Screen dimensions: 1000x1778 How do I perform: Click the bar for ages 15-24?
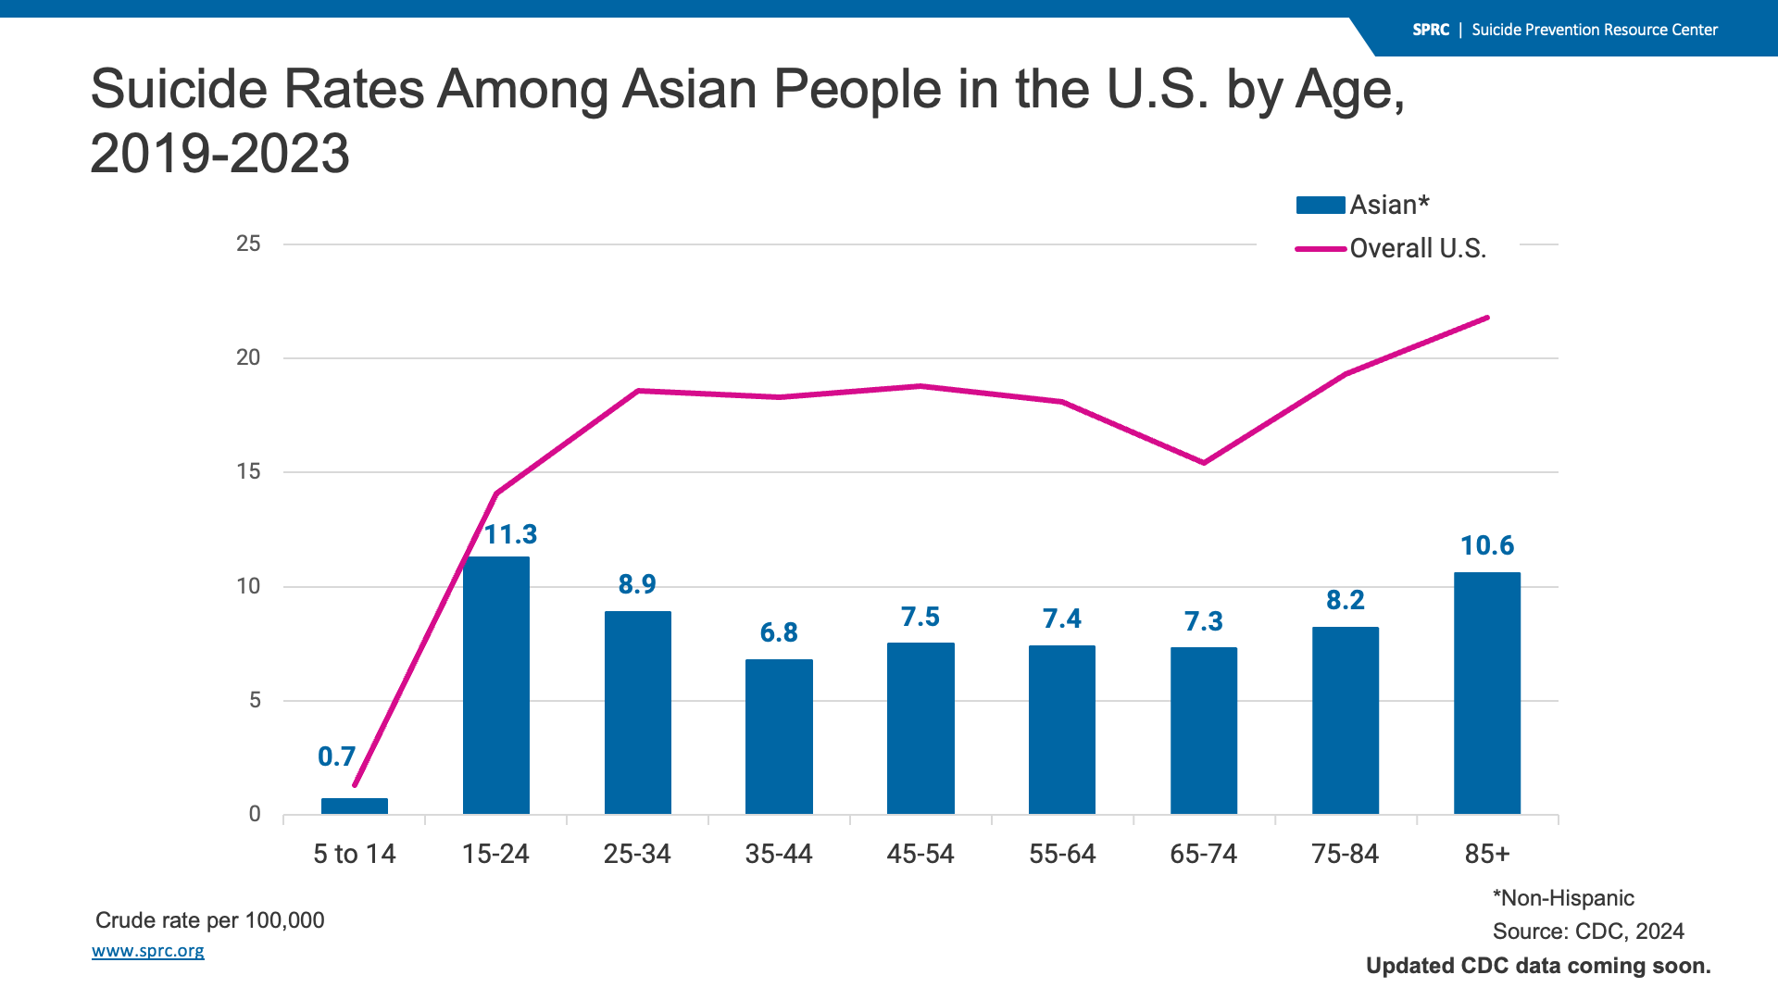[x=496, y=685]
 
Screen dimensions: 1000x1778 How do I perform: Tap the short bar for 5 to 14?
[x=355, y=806]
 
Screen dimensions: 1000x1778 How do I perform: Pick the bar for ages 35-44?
[x=779, y=736]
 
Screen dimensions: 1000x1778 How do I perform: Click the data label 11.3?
[x=510, y=534]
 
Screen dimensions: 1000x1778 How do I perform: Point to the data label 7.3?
[x=1204, y=621]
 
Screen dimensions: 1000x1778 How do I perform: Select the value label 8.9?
[x=637, y=584]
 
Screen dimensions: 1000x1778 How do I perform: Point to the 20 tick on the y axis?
[x=248, y=357]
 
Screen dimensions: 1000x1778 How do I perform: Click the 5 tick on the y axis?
[x=255, y=700]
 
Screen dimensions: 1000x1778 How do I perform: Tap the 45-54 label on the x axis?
[x=920, y=854]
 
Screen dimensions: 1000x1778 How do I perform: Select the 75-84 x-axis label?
[x=1345, y=854]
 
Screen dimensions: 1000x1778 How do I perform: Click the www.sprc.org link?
[x=148, y=951]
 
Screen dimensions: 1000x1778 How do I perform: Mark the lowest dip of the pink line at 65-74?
[x=1204, y=463]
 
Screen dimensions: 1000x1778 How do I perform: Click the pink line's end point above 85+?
[x=1487, y=318]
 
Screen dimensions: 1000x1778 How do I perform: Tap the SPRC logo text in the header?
[x=1431, y=30]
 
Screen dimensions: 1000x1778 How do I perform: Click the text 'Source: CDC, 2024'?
[x=1588, y=931]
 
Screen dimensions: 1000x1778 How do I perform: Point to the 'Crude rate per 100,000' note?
[x=210, y=920]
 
